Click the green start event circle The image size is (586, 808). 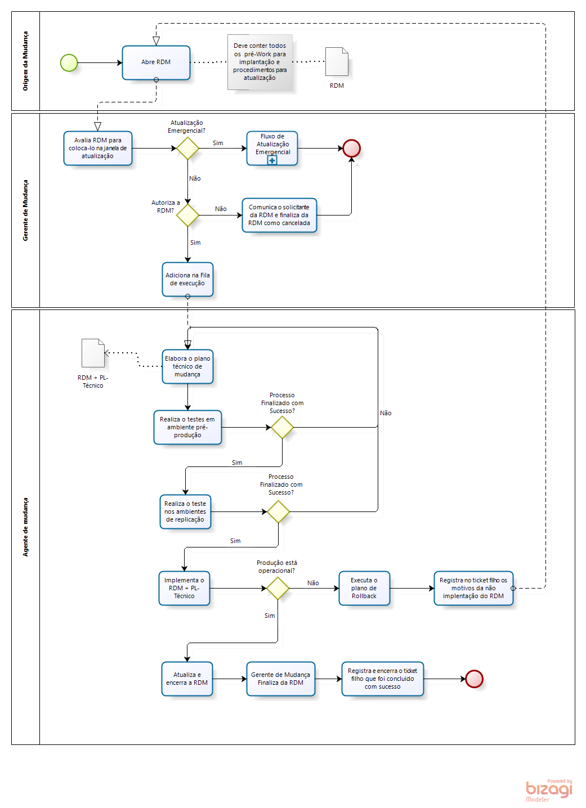[69, 62]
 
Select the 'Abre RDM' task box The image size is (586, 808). [156, 62]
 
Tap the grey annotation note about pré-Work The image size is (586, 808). [260, 62]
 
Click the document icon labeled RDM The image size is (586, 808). [337, 61]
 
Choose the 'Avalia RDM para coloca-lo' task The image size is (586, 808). [97, 148]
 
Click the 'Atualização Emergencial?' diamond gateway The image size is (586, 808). [187, 148]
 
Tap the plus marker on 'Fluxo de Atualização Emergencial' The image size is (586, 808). [272, 160]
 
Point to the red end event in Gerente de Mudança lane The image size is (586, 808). [351, 148]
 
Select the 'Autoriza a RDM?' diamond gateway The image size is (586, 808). [187, 215]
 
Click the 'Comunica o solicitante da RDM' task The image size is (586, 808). [279, 215]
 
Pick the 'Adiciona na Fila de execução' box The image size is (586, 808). [187, 279]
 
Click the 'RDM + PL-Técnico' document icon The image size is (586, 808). [93, 353]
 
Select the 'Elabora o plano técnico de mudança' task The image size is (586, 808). [187, 366]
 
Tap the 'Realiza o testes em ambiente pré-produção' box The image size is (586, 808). [187, 427]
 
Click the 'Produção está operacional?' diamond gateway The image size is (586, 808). [278, 588]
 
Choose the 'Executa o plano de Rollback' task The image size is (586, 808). [364, 588]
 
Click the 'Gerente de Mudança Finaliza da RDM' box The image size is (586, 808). [280, 679]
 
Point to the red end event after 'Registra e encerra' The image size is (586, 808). [474, 679]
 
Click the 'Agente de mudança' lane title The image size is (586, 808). [25, 527]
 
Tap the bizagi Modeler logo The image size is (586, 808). [548, 790]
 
